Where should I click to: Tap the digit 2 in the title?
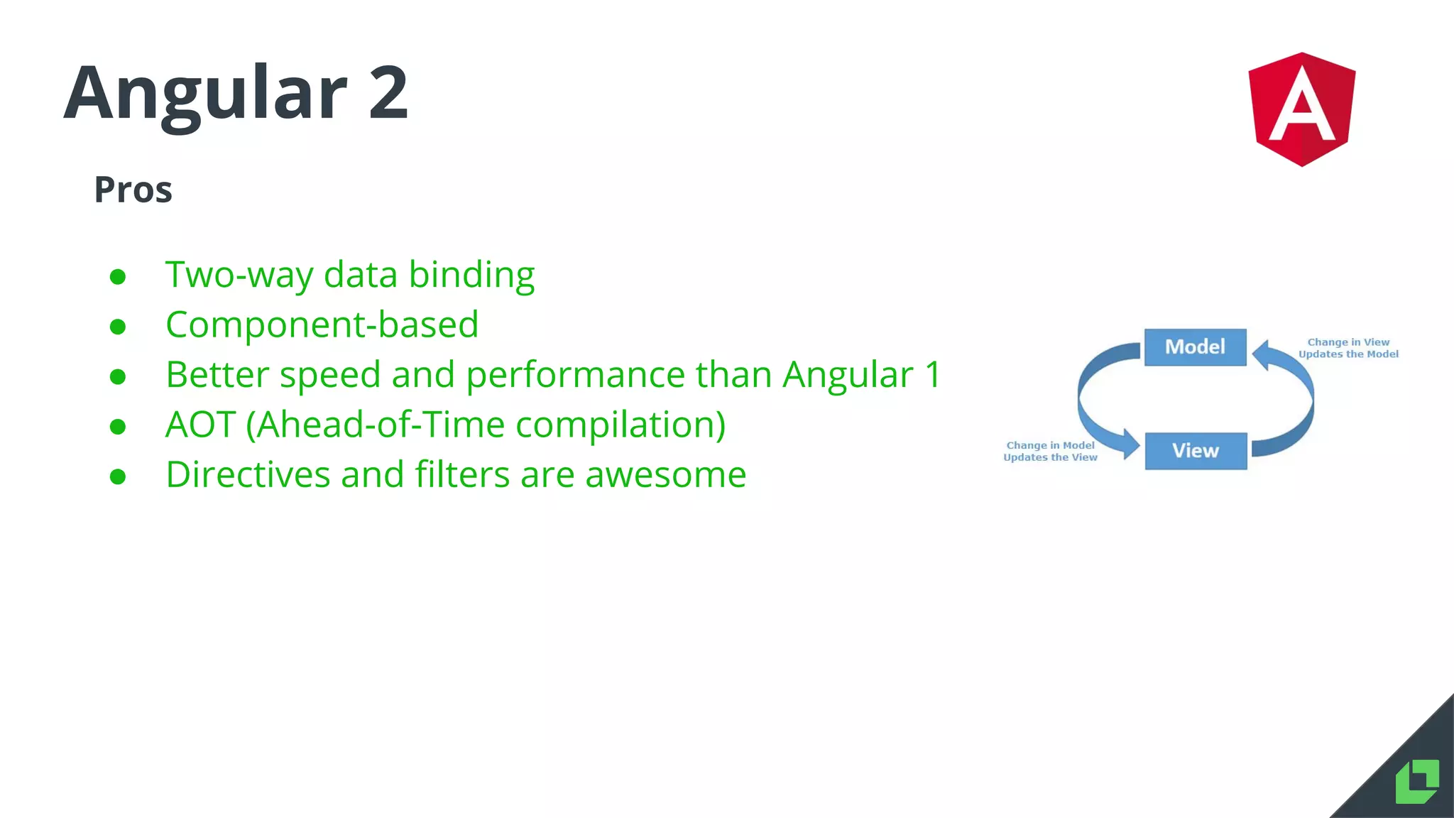388,92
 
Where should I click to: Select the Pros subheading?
133,190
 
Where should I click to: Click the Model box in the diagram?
1195,347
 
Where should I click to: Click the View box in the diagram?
1196,451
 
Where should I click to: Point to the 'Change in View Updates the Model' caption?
1348,348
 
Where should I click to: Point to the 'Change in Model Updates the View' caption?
1050,452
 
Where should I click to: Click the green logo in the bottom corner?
1417,782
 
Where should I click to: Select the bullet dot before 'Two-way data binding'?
118,276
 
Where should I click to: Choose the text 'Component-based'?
322,325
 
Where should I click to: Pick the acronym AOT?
200,425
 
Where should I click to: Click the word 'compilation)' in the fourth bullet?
621,425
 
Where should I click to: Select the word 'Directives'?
248,474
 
